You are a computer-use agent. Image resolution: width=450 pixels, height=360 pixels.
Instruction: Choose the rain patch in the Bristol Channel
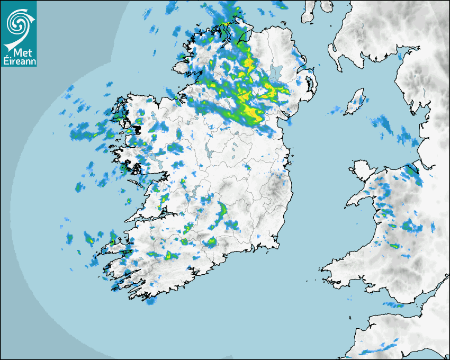[x=393, y=304]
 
